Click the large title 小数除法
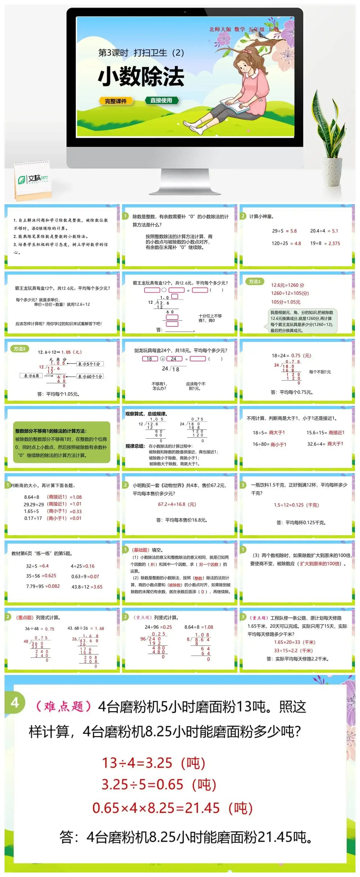tap(141, 77)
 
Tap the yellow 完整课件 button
tap(116, 101)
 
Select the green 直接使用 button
tap(161, 100)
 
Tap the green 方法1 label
tap(255, 282)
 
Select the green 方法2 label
tap(20, 349)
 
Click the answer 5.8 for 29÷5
tap(293, 231)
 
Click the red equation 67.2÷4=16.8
tap(177, 504)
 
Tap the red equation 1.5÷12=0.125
tap(296, 505)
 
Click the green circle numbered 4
tap(15, 702)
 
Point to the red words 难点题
tap(64, 706)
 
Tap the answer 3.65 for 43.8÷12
tap(97, 587)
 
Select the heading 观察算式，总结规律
tap(146, 414)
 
